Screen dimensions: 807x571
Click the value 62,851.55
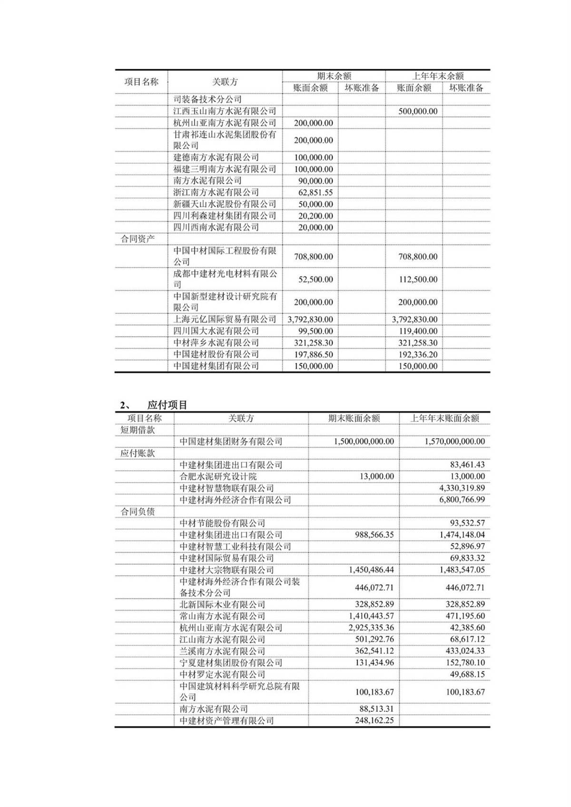point(313,193)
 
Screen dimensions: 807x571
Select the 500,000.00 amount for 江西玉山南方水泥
point(418,111)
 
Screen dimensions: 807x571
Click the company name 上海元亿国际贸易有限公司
point(225,319)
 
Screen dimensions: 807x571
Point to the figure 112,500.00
point(418,280)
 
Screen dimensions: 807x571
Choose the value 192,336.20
point(418,354)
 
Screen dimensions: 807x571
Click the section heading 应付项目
point(167,405)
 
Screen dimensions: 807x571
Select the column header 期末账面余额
point(354,418)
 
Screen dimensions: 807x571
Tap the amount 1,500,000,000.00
point(364,441)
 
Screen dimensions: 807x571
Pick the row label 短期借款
point(138,430)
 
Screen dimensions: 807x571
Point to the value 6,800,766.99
point(460,500)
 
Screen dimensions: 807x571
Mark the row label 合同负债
point(138,512)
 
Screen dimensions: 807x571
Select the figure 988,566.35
point(374,535)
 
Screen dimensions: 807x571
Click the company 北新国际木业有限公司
point(222,604)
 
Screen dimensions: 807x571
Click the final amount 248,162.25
point(374,721)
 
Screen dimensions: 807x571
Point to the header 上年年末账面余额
point(444,418)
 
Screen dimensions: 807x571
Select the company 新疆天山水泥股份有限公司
point(225,204)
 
